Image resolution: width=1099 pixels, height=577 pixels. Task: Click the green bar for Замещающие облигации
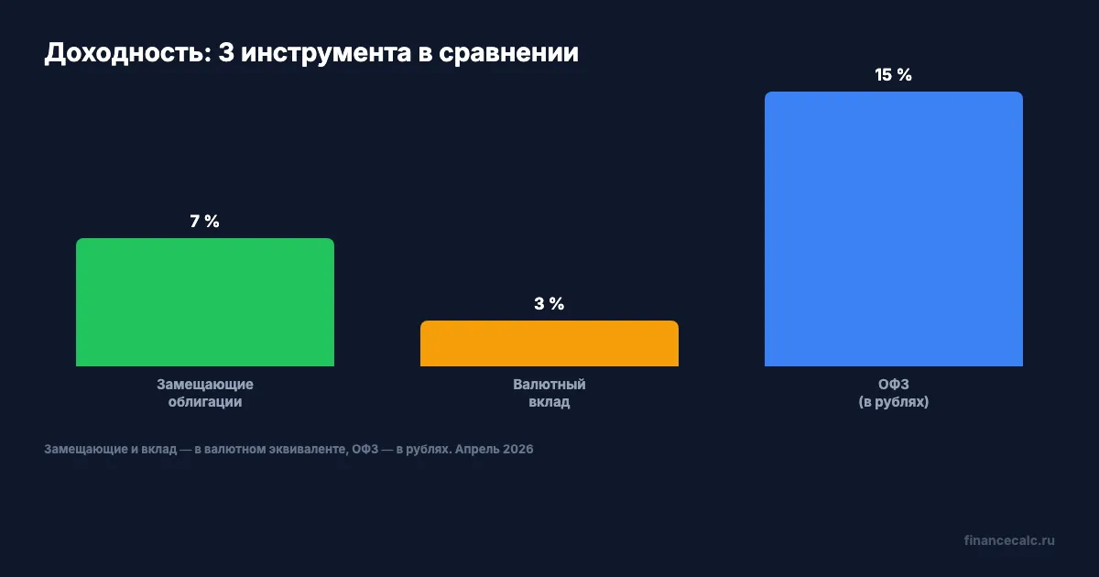tap(205, 302)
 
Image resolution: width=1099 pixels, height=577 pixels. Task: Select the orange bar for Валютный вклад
tap(549, 343)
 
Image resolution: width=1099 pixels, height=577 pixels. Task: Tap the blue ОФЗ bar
tap(894, 229)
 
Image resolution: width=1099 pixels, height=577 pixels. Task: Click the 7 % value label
tap(205, 222)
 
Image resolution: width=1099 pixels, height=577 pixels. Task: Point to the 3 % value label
tap(549, 304)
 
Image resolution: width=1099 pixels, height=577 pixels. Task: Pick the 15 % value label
tap(894, 75)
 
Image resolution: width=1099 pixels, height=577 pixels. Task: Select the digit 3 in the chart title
tap(227, 53)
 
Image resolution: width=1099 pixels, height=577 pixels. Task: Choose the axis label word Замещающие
tap(205, 385)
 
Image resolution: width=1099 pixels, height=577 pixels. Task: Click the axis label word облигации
tap(205, 402)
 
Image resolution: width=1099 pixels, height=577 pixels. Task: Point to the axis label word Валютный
tap(549, 385)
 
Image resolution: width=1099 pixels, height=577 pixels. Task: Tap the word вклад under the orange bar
tap(549, 402)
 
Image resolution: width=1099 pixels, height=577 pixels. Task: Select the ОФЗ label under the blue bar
tap(894, 385)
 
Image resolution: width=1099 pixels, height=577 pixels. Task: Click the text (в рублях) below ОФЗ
tap(894, 402)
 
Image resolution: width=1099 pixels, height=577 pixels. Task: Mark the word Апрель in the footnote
tap(476, 450)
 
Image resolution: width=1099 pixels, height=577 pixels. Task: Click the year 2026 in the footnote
tap(517, 450)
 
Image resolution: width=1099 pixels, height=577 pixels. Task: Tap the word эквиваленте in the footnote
tap(301, 450)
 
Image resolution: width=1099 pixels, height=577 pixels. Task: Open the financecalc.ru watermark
tap(1009, 540)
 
